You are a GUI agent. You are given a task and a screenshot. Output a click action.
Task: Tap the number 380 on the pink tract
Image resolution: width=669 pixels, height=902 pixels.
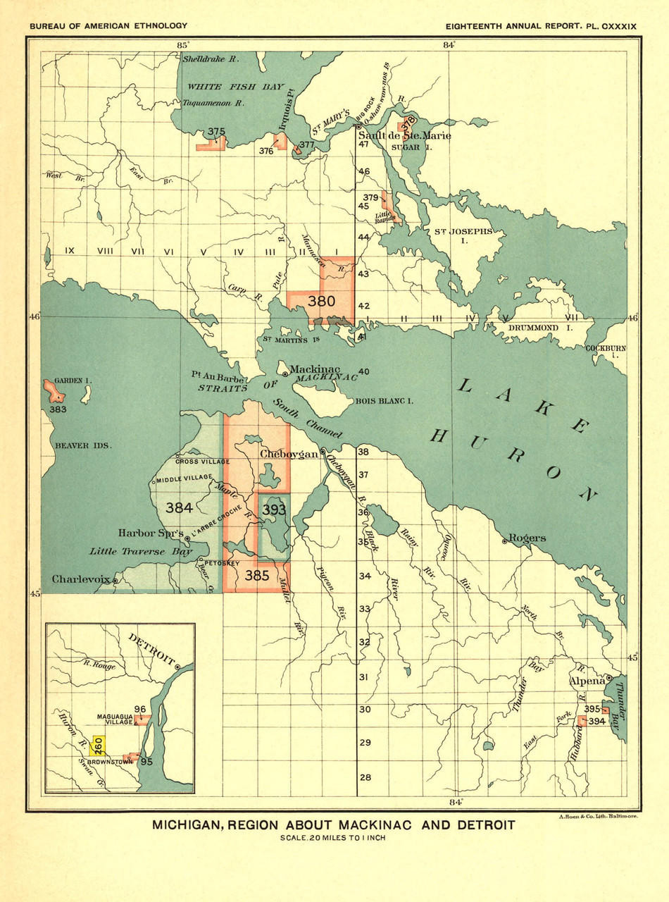click(321, 301)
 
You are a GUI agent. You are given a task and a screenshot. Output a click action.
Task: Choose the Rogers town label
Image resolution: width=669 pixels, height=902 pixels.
click(527, 538)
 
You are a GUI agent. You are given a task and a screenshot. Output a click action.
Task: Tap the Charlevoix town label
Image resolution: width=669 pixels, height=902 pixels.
click(81, 579)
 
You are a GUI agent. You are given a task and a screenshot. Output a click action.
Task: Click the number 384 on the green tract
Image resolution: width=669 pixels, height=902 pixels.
click(179, 507)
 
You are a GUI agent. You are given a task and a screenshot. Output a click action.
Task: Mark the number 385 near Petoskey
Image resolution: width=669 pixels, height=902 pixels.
click(257, 576)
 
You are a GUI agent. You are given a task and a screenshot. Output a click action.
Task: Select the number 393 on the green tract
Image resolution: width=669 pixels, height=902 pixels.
click(274, 508)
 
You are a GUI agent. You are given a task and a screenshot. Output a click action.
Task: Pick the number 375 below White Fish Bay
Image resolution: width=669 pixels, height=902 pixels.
click(216, 131)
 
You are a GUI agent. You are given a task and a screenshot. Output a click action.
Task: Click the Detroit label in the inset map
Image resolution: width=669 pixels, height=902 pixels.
click(151, 649)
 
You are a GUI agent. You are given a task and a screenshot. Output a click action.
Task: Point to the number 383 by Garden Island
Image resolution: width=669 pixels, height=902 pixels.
click(58, 409)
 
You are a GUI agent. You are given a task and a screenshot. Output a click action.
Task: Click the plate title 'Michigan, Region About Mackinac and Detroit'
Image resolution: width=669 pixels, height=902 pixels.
click(334, 825)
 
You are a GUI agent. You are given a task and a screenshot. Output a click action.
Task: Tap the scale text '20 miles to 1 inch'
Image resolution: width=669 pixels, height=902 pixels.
click(334, 838)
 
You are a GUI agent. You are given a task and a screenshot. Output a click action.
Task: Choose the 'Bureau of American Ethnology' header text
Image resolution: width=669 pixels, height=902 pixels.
click(108, 26)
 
